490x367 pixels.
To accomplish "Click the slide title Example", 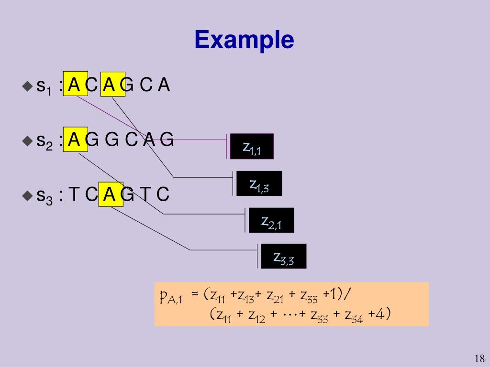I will (x=244, y=40).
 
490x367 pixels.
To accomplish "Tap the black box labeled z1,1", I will (x=252, y=147).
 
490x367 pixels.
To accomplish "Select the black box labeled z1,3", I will (x=259, y=183).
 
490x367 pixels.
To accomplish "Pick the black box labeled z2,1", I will (x=271, y=220).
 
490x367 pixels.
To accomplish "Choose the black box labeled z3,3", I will (x=283, y=257).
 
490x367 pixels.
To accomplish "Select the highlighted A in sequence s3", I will (x=110, y=194).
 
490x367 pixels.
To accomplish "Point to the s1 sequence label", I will (x=44, y=86).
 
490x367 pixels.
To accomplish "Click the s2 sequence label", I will (x=44, y=141).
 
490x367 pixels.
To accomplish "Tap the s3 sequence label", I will (x=44, y=196).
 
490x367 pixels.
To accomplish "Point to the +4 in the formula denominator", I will (x=381, y=314).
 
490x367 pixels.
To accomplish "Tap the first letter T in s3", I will (x=74, y=194).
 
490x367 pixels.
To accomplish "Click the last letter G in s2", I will (x=166, y=140).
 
